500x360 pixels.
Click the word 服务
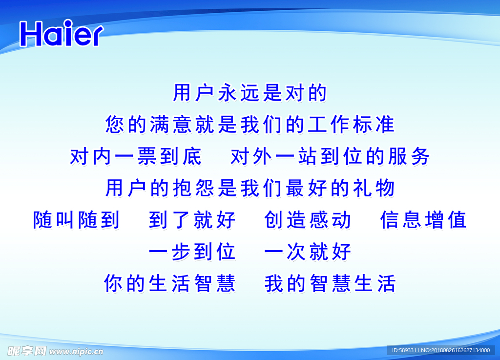[x=408, y=156]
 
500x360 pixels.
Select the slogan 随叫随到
[x=76, y=220]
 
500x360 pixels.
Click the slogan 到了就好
[x=192, y=220]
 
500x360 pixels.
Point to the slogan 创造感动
[x=308, y=220]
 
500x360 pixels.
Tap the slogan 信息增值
[x=423, y=220]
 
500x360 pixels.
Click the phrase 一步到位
[x=192, y=252]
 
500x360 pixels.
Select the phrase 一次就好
[x=308, y=252]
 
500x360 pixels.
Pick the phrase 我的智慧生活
[x=330, y=283]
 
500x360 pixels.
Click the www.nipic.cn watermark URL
[x=76, y=351]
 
